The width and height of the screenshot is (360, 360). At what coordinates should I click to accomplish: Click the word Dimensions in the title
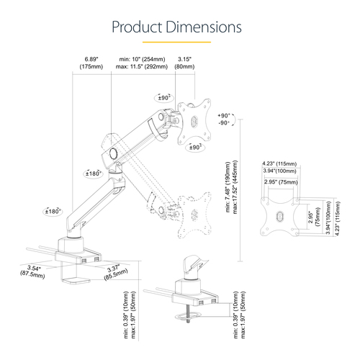pyautogui.click(x=204, y=27)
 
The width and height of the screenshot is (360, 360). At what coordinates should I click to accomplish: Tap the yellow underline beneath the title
pyautogui.click(x=179, y=42)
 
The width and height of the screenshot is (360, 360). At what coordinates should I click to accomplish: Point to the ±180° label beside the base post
pyautogui.click(x=53, y=211)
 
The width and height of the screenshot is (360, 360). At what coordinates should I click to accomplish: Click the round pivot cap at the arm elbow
pyautogui.click(x=112, y=153)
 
